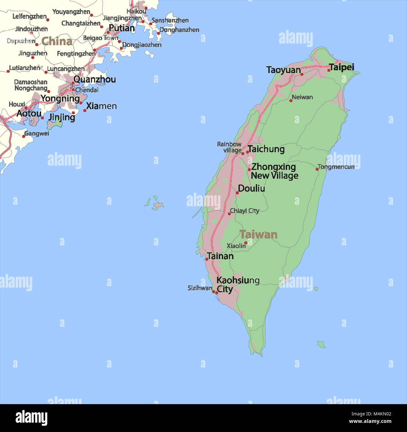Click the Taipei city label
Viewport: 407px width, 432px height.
click(x=342, y=67)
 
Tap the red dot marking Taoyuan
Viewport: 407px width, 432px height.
click(x=302, y=75)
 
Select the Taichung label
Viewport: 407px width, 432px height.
click(x=266, y=149)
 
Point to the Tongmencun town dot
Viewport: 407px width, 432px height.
click(x=317, y=169)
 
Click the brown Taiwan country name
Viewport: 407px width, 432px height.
click(x=258, y=234)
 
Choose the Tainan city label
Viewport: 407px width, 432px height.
click(x=220, y=256)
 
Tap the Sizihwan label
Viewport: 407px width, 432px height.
click(x=200, y=288)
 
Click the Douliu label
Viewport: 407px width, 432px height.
click(x=251, y=188)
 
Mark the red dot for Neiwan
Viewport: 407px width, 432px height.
click(x=291, y=100)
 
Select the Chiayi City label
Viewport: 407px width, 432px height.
click(x=245, y=211)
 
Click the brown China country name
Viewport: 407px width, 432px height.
click(x=57, y=41)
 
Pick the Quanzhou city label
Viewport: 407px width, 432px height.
click(x=95, y=80)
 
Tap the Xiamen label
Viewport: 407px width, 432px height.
click(x=101, y=106)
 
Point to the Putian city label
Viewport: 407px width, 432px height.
click(x=122, y=28)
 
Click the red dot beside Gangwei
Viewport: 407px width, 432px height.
click(x=23, y=136)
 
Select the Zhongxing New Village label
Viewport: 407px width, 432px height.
click(x=274, y=171)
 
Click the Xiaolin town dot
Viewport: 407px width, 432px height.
click(x=246, y=243)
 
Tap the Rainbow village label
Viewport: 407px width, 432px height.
click(x=229, y=147)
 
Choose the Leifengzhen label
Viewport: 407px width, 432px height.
click(x=29, y=16)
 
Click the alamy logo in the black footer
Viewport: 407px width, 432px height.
click(x=31, y=418)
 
